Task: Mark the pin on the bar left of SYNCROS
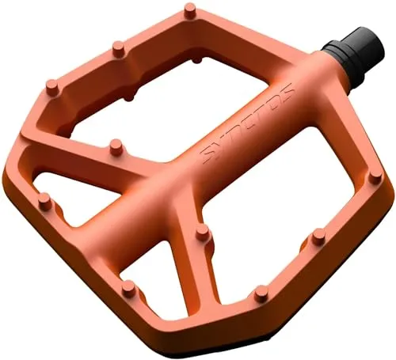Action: pyautogui.click(x=116, y=146)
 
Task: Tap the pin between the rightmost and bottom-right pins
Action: pyautogui.click(x=318, y=234)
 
